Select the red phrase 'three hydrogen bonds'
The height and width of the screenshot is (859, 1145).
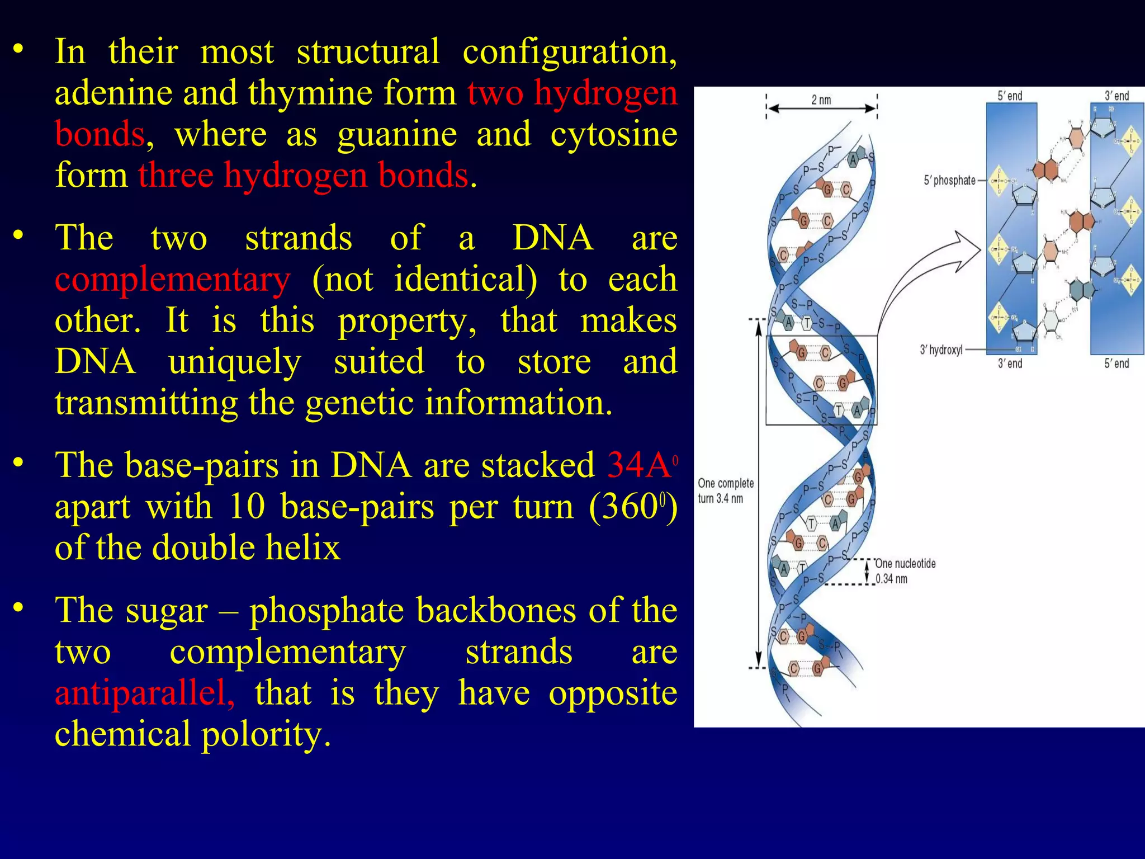pyautogui.click(x=303, y=176)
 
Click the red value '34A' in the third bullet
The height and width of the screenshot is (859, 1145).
pyautogui.click(x=639, y=465)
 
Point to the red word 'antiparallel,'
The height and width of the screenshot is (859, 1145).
pyautogui.click(x=145, y=693)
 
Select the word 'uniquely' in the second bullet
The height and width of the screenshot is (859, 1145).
pyautogui.click(x=235, y=362)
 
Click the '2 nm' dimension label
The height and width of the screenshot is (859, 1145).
pyautogui.click(x=821, y=100)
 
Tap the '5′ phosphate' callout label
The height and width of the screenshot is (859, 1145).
pyautogui.click(x=949, y=181)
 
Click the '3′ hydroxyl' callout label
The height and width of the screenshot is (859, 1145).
pyautogui.click(x=941, y=350)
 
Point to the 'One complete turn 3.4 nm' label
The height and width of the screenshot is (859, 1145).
pyautogui.click(x=725, y=490)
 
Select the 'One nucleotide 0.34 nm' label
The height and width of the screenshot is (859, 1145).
pyautogui.click(x=905, y=571)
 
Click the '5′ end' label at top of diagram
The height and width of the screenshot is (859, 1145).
pyautogui.click(x=1010, y=96)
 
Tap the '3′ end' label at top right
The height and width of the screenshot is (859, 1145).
pyautogui.click(x=1116, y=96)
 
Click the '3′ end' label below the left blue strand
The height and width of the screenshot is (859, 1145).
pyautogui.click(x=1010, y=364)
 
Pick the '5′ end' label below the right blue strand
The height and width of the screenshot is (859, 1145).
pyautogui.click(x=1116, y=364)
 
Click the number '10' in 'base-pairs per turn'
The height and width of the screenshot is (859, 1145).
pyautogui.click(x=246, y=507)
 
